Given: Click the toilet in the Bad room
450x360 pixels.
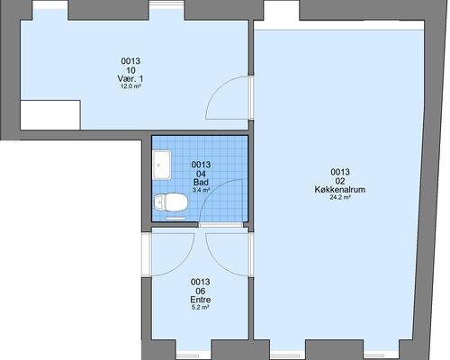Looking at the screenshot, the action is tap(170, 202).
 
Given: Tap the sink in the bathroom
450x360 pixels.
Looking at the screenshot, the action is tap(162, 165).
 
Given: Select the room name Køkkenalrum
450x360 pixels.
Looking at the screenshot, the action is tap(340, 190).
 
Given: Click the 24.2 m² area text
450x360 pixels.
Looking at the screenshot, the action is tap(340, 197).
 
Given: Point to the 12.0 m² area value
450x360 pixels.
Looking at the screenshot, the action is tap(130, 86).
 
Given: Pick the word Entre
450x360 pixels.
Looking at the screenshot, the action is tap(201, 300).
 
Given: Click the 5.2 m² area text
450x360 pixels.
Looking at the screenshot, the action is tap(201, 307).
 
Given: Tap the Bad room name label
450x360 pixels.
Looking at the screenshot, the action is tap(201, 182).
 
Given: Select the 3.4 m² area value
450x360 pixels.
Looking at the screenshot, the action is tap(201, 190).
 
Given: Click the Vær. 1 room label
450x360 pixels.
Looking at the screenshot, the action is tap(130, 78).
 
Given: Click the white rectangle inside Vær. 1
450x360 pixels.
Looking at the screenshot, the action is tap(50, 115).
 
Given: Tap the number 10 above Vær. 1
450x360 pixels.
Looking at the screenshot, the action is tap(130, 70).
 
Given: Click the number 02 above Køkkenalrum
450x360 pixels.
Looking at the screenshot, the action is tap(340, 181).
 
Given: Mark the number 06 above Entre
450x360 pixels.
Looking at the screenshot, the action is tap(201, 291).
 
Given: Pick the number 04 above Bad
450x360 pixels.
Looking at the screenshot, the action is tap(201, 174).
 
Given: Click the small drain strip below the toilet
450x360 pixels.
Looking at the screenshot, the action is tap(175, 219).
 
